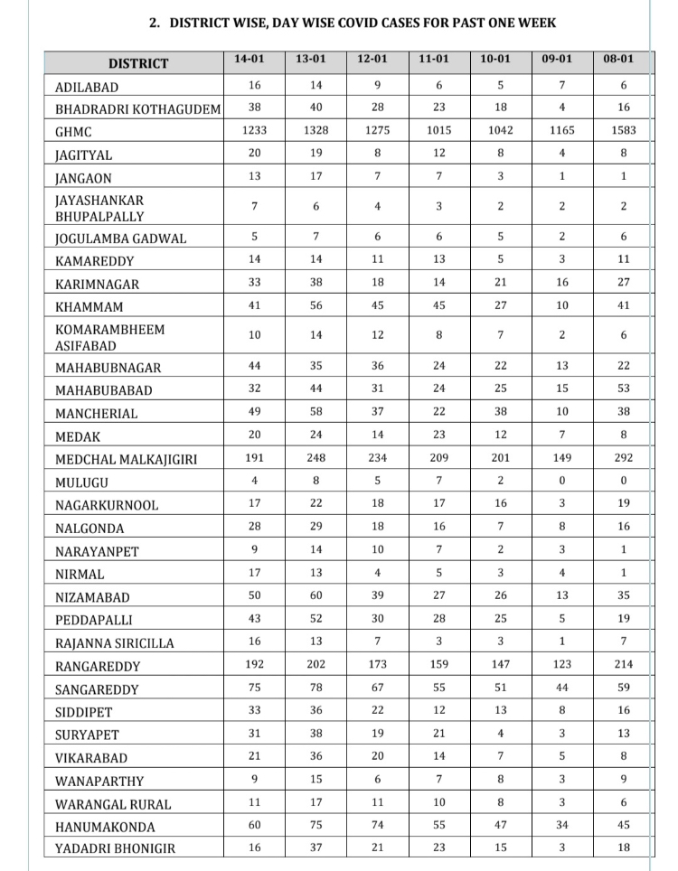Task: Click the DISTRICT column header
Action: (x=137, y=63)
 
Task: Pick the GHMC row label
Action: (x=74, y=132)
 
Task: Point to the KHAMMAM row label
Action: (x=87, y=307)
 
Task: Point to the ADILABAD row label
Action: (x=87, y=88)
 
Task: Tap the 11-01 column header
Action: (x=434, y=60)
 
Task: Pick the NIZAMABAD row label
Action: (x=92, y=598)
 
